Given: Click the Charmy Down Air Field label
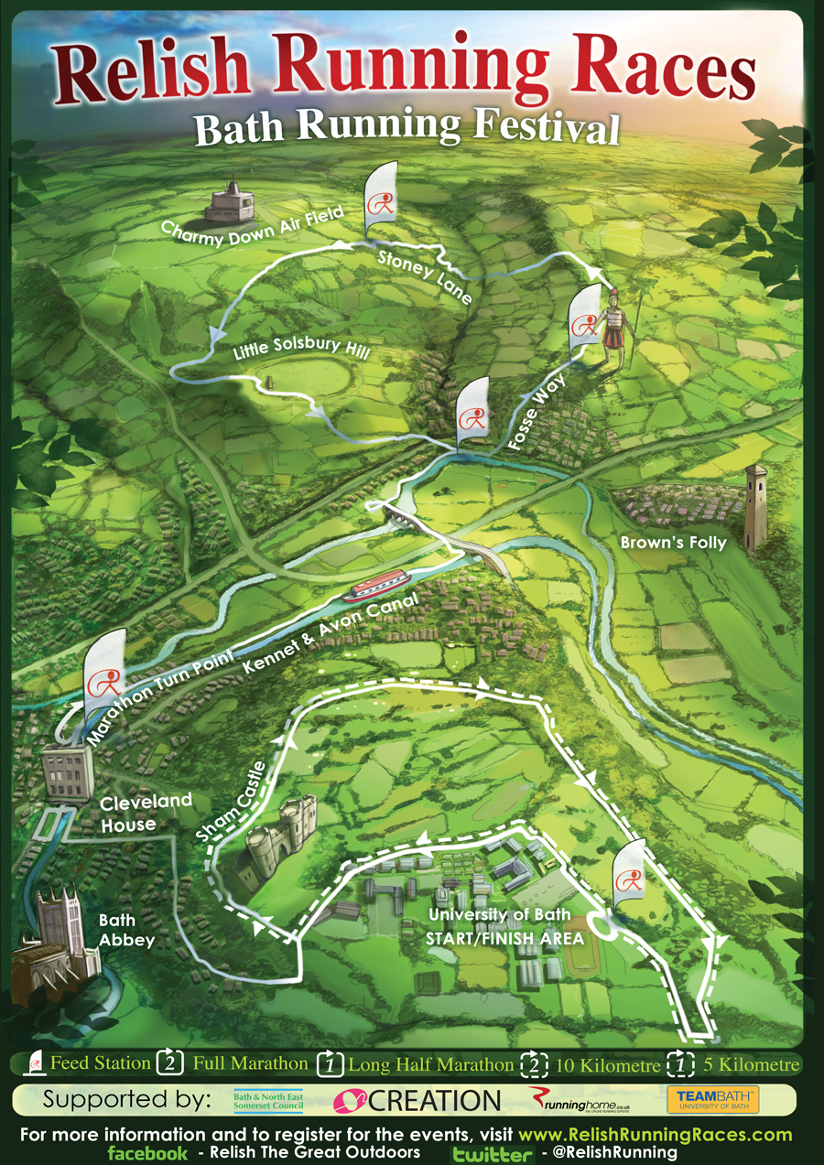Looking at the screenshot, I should tap(253, 223).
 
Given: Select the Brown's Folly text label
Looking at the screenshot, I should tap(673, 543).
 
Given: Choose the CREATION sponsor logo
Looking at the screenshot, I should tap(417, 1099).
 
